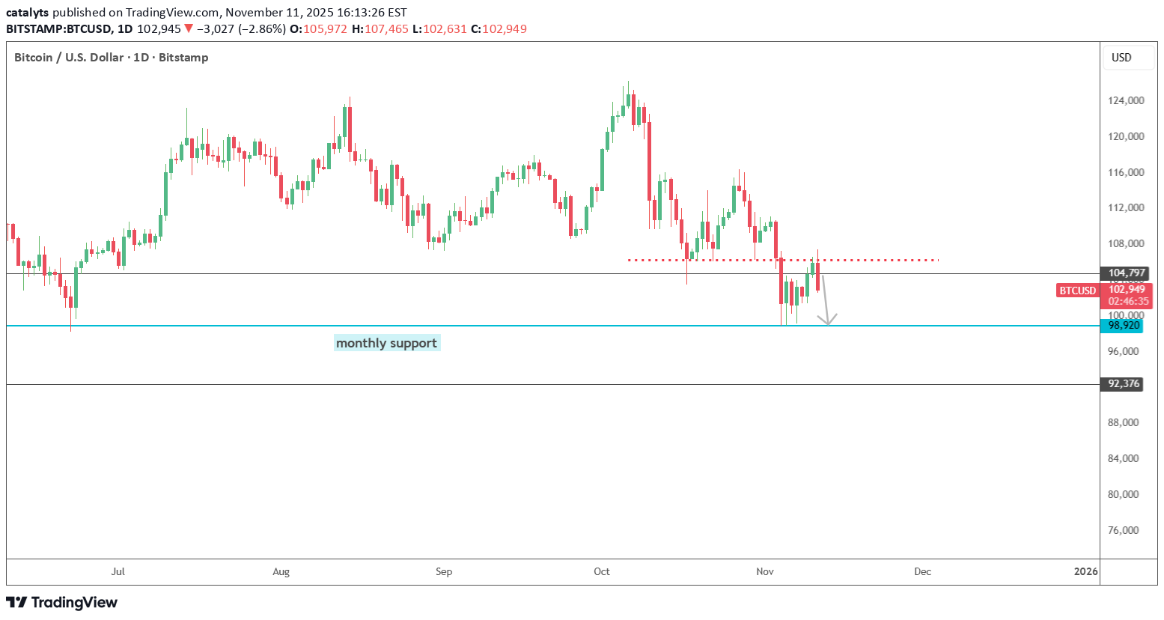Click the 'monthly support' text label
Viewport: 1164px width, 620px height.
pos(386,343)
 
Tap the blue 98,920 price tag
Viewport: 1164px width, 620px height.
pos(1123,326)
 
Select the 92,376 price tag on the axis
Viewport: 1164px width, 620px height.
pos(1123,384)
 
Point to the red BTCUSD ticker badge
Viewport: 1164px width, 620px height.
pos(1077,291)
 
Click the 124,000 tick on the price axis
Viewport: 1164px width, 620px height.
pos(1126,100)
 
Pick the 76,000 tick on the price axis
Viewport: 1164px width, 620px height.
pos(1123,530)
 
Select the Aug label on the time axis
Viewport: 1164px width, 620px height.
pos(281,571)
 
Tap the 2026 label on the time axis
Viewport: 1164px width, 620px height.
pos(1085,571)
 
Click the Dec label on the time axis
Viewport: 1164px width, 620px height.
pos(922,571)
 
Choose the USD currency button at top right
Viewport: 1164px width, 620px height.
pos(1121,58)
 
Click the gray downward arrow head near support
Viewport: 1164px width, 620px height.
pos(827,320)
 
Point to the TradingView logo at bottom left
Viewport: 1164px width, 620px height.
pos(62,602)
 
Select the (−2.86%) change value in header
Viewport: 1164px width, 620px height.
pos(262,29)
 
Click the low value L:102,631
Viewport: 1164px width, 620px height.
pos(445,29)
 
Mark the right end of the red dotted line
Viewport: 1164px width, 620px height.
pos(936,260)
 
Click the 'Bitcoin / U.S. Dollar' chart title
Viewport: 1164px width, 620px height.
pos(69,58)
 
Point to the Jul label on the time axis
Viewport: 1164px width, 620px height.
pos(118,571)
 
